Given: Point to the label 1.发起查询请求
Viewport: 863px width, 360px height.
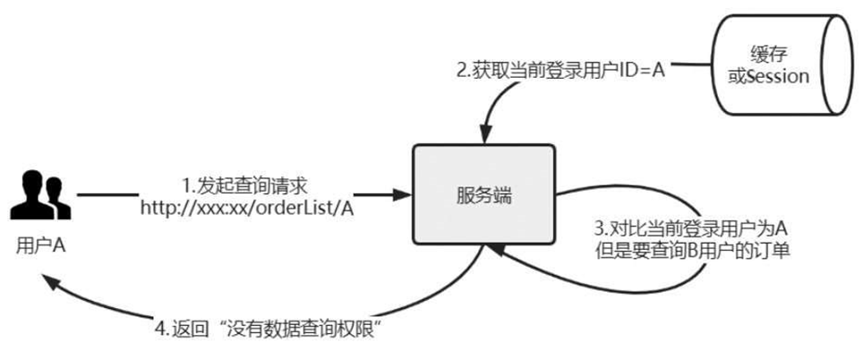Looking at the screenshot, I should coord(244,185).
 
